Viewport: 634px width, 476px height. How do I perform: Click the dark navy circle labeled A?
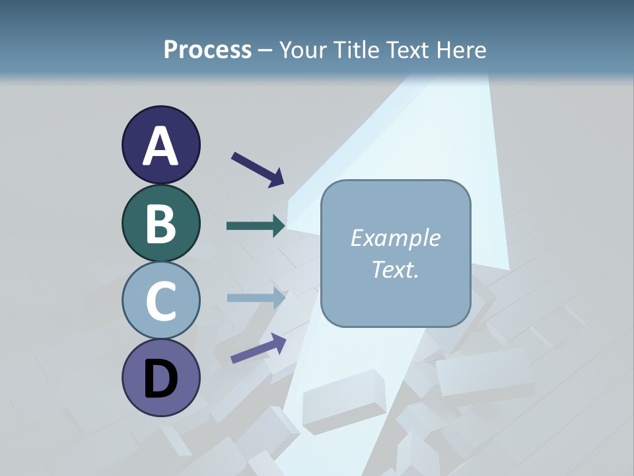pyautogui.click(x=160, y=145)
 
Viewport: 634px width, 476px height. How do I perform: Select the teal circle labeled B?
pyautogui.click(x=160, y=223)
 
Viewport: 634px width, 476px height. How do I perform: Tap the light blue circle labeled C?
pyautogui.click(x=160, y=300)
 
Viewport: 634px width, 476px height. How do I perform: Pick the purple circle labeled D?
pyautogui.click(x=160, y=377)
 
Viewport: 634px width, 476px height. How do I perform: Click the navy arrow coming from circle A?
pyautogui.click(x=258, y=169)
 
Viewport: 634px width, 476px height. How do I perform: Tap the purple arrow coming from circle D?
pyautogui.click(x=258, y=348)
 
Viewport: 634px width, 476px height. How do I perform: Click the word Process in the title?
pyautogui.click(x=207, y=50)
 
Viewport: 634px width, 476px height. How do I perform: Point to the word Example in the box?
pyautogui.click(x=395, y=238)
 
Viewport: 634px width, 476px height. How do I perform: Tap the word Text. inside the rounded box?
pyautogui.click(x=395, y=269)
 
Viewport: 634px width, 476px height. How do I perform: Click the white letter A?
pyautogui.click(x=160, y=146)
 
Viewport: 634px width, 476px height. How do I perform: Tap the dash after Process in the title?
pyautogui.click(x=265, y=50)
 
